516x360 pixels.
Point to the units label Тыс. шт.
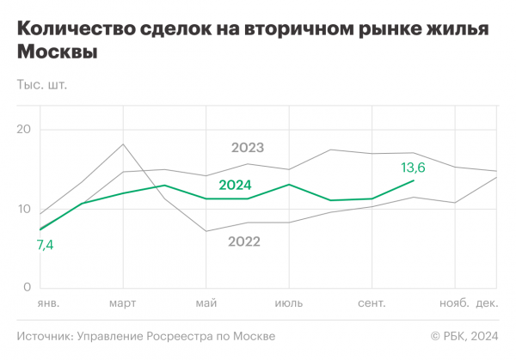[x=41, y=85]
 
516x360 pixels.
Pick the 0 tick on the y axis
[x=27, y=287]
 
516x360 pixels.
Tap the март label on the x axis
[x=123, y=304]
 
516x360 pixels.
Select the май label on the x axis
[x=206, y=304]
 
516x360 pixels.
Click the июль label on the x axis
[x=288, y=304]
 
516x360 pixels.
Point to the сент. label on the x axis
[x=372, y=304]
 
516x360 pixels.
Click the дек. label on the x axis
[x=488, y=304]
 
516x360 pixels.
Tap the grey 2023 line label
[x=248, y=148]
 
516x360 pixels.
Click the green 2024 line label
[x=235, y=184]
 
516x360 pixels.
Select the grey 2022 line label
[x=244, y=241]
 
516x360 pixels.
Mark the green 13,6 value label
[x=414, y=167]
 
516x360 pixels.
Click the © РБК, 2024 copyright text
[x=464, y=336]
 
